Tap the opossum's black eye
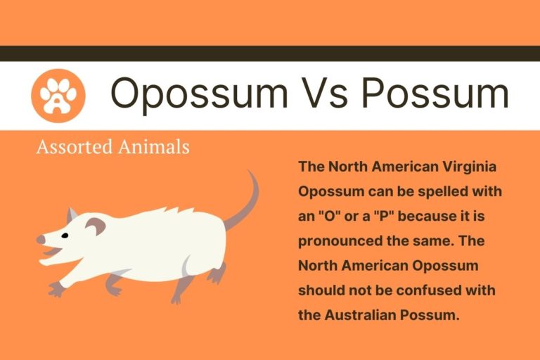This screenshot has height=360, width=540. tap(65, 235)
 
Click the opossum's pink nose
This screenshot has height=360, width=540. tap(40, 240)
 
